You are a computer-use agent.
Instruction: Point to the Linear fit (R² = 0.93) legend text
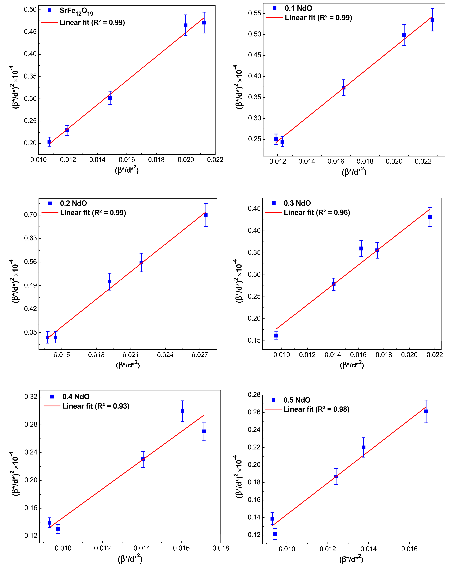pos(96,406)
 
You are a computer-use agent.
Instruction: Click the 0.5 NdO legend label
pos(297,400)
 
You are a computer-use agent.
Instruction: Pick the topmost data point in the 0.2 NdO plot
pos(206,215)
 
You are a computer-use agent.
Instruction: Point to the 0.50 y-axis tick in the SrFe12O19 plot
pos(30,10)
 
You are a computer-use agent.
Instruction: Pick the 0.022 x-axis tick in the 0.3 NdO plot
pos(435,355)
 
